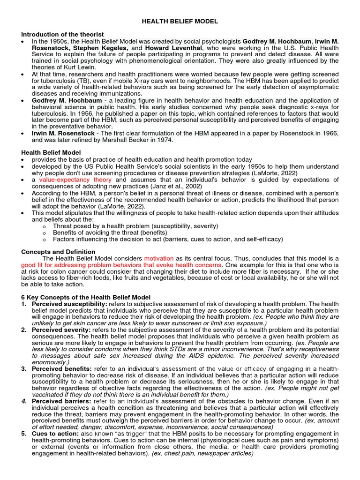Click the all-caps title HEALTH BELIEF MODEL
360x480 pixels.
pyautogui.click(x=180, y=22)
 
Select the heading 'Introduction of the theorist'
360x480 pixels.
pyautogui.click(x=62, y=35)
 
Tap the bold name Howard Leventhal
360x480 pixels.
pyautogui.click(x=173, y=48)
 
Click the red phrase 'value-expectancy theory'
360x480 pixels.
pyautogui.click(x=75, y=180)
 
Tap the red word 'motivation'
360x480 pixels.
pyautogui.click(x=159, y=258)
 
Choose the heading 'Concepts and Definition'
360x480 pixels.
pyautogui.click(x=58, y=252)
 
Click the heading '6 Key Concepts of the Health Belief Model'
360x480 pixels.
pyautogui.click(x=86, y=297)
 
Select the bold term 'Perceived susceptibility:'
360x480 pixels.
pyautogui.click(x=69, y=304)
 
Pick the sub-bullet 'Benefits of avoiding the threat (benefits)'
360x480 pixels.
pyautogui.click(x=110, y=232)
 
